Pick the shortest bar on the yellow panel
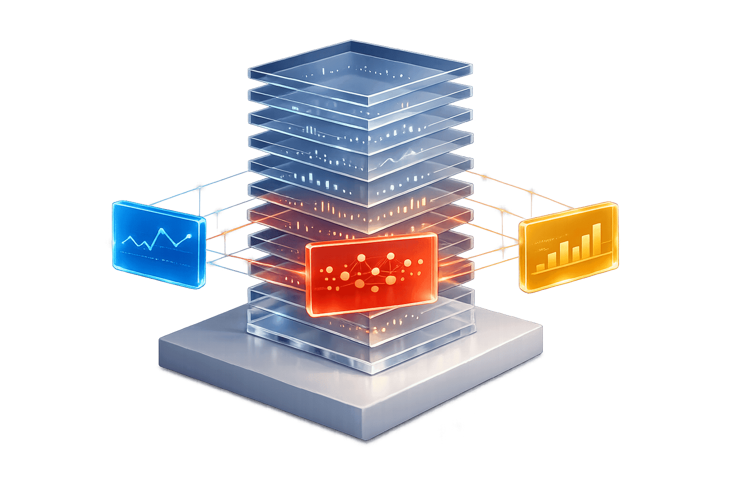[x=540, y=267]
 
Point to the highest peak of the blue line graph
[x=162, y=230]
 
